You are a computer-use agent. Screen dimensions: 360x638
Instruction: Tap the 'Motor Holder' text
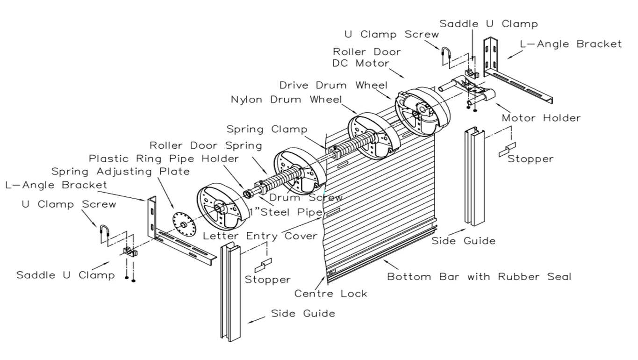click(541, 118)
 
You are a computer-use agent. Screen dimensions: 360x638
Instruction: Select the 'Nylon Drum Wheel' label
click(286, 100)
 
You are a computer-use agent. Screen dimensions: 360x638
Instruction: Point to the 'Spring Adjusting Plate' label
click(121, 172)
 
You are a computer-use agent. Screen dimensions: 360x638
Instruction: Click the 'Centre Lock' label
click(330, 294)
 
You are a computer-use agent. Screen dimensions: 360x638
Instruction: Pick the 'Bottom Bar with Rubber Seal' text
click(479, 276)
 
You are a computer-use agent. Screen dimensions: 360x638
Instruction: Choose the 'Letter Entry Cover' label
click(260, 236)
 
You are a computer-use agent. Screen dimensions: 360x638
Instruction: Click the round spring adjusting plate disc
click(183, 224)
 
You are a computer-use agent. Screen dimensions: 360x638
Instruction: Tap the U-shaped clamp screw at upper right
click(445, 57)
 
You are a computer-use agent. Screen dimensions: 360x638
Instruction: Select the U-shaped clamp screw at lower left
click(104, 234)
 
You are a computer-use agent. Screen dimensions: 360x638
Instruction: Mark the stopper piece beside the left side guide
click(263, 266)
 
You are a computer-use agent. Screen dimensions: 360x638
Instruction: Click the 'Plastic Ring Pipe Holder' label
click(164, 158)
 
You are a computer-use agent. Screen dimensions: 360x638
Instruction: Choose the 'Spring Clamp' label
click(267, 129)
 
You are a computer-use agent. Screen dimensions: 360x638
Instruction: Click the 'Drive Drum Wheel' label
click(333, 85)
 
